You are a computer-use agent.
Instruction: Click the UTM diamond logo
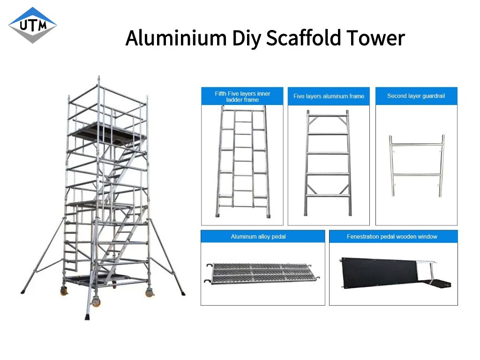[x=32, y=25]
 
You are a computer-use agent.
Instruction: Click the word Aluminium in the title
[x=176, y=38]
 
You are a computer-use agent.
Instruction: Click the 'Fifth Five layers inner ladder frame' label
[x=242, y=97]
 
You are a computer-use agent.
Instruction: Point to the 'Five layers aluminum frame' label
[x=329, y=96]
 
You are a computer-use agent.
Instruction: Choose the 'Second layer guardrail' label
[x=416, y=96]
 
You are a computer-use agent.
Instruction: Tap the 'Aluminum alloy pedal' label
[x=258, y=237]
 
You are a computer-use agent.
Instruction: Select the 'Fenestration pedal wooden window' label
[x=392, y=237]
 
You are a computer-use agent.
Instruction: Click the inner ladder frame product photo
[x=242, y=162]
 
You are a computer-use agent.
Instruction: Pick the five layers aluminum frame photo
[x=328, y=163]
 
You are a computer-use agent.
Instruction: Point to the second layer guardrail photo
[x=417, y=165]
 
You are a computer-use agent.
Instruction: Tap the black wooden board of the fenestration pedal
[x=378, y=272]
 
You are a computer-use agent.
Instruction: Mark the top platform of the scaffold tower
[x=107, y=131]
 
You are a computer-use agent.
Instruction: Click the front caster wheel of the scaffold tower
[x=96, y=302]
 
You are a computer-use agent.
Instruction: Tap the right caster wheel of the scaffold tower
[x=150, y=292]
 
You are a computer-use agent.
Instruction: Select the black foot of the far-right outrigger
[x=183, y=293]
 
